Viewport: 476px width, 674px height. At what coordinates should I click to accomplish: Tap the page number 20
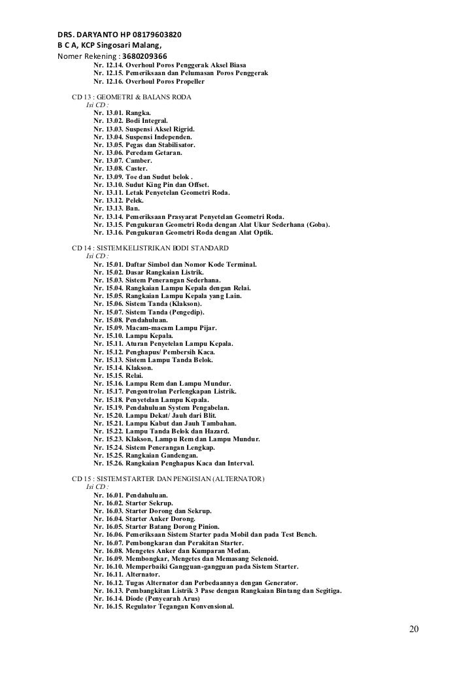pyautogui.click(x=413, y=630)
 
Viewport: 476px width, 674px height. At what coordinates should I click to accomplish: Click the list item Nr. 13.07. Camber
pyautogui.click(x=123, y=160)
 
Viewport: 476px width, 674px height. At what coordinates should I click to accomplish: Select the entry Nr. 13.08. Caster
pyautogui.click(x=122, y=168)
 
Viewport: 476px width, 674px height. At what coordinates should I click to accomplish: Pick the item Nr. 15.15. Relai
pyautogui.click(x=118, y=376)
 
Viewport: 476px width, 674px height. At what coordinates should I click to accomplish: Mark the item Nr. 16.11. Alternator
pyautogui.click(x=127, y=575)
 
